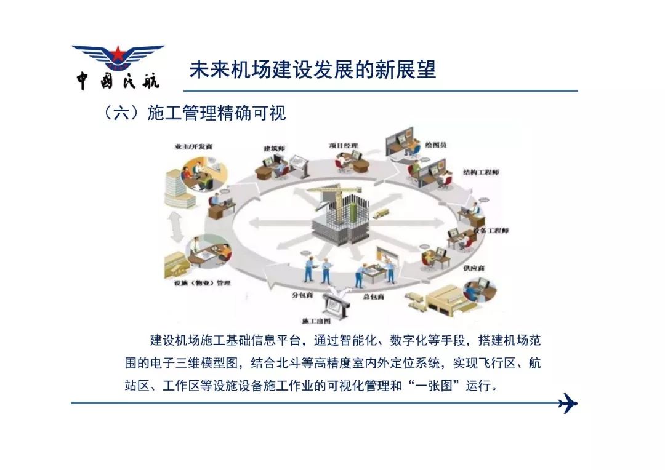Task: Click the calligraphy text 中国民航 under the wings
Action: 118,81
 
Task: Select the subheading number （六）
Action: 121,114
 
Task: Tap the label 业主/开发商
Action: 193,146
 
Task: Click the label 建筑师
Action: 275,148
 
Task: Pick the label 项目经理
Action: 344,145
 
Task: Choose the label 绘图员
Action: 435,145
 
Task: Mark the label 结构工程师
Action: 481,172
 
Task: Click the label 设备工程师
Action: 491,231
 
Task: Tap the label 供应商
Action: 474,268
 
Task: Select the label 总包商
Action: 374,297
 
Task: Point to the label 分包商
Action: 302,295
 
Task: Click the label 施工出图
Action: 316,321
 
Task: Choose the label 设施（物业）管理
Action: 203,283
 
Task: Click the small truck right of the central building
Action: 381,214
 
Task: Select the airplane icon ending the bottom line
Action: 568,403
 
